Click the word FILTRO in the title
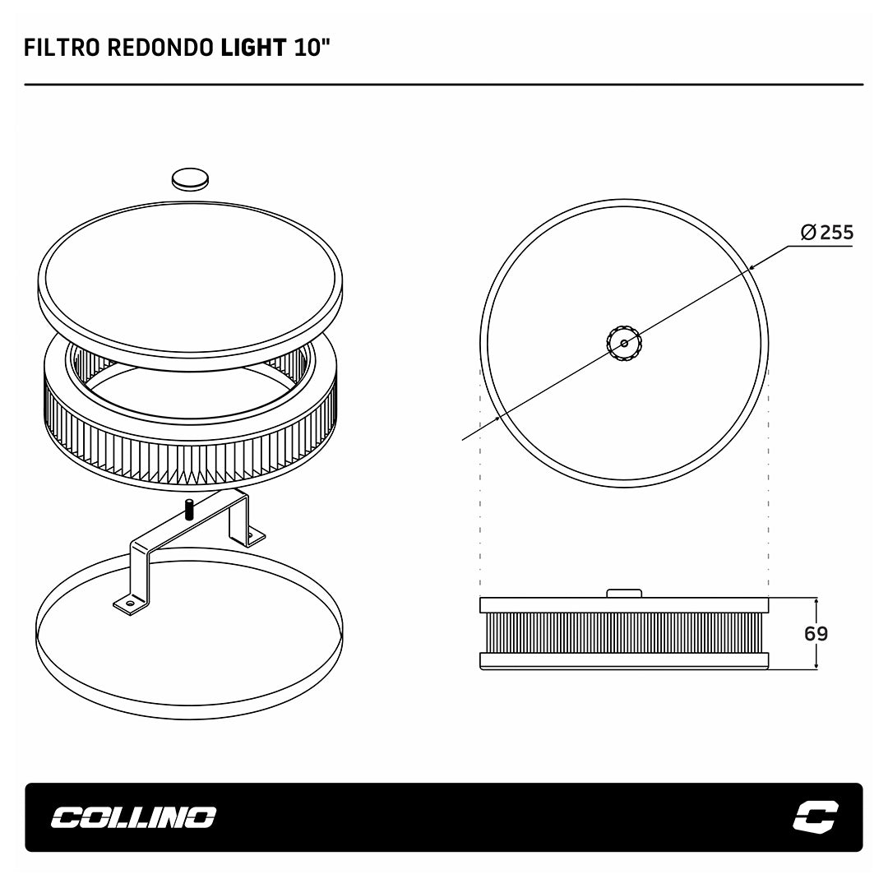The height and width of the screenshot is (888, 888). point(62,49)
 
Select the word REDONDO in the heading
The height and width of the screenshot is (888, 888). point(160,49)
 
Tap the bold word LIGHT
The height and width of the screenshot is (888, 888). point(253,49)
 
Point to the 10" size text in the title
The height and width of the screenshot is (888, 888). point(312,49)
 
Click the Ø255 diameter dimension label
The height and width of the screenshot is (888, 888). point(827,232)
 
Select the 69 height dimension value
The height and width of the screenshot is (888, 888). point(816,633)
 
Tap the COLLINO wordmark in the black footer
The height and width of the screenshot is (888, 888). point(134,817)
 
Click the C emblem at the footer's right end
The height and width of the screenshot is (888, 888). point(816,816)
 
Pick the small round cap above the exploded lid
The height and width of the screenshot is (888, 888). point(190,179)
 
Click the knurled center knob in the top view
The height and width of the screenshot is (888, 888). point(624,343)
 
